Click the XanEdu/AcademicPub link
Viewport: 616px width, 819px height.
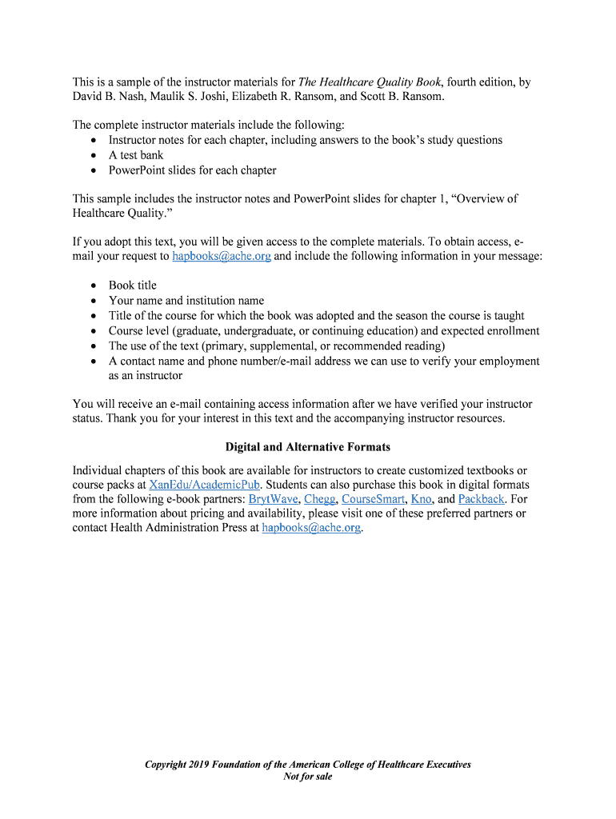(x=205, y=485)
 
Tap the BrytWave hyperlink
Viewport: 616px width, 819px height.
(x=273, y=499)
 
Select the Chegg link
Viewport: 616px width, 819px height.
(x=320, y=499)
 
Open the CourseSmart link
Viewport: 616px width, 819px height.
(x=373, y=499)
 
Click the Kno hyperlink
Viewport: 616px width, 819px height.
(x=421, y=499)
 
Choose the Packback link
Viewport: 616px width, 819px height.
(x=481, y=499)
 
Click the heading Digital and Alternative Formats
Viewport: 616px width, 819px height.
(x=307, y=447)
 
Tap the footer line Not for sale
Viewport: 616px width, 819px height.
(x=307, y=777)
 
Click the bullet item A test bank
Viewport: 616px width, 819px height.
(x=136, y=155)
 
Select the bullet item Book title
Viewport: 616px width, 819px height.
(x=133, y=286)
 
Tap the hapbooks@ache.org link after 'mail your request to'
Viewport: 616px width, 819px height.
(x=222, y=257)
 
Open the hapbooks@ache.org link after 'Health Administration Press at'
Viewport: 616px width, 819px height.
(x=312, y=528)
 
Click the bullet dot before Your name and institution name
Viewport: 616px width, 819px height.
(x=94, y=302)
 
